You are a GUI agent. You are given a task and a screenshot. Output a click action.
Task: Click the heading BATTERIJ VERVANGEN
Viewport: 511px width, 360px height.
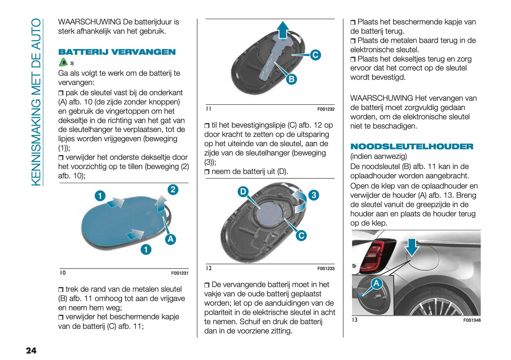point(117,52)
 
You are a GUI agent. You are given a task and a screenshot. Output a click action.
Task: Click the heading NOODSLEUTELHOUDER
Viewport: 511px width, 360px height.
point(412,146)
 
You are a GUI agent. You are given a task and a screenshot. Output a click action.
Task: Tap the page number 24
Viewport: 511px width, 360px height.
point(31,350)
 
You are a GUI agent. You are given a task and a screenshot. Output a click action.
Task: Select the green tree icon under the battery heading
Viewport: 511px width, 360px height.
point(63,63)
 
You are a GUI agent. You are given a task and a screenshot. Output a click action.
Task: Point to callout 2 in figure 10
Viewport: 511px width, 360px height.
point(173,190)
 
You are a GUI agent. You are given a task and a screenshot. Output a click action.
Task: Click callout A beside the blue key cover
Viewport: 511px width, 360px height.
point(170,239)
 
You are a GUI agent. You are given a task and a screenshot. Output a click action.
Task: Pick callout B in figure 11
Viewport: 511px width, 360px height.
point(291,79)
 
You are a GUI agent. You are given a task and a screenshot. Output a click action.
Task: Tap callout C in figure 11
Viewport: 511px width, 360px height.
point(315,55)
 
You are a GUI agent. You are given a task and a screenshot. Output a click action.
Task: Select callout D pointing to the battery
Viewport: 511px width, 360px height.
point(243,192)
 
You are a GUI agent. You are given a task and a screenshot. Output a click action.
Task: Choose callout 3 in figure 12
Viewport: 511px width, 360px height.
point(314,195)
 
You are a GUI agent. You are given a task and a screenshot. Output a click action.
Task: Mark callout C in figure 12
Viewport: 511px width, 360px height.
point(301,236)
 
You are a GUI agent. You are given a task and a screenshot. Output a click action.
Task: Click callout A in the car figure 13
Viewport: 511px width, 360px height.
point(376,283)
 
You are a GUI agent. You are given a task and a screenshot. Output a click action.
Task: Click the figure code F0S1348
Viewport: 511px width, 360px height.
point(472,320)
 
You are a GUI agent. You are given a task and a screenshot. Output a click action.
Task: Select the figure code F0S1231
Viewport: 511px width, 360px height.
point(180,273)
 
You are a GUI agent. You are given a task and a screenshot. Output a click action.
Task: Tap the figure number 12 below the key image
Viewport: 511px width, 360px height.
point(209,268)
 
